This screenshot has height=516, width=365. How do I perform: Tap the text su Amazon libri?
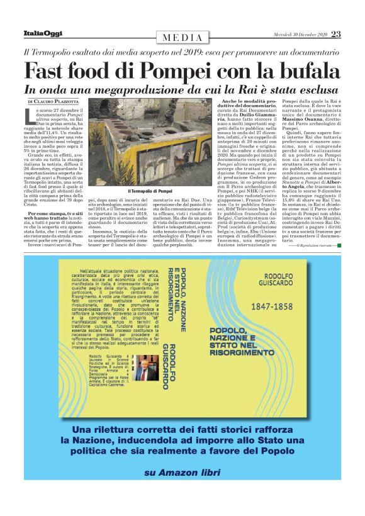click(x=182, y=490)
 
